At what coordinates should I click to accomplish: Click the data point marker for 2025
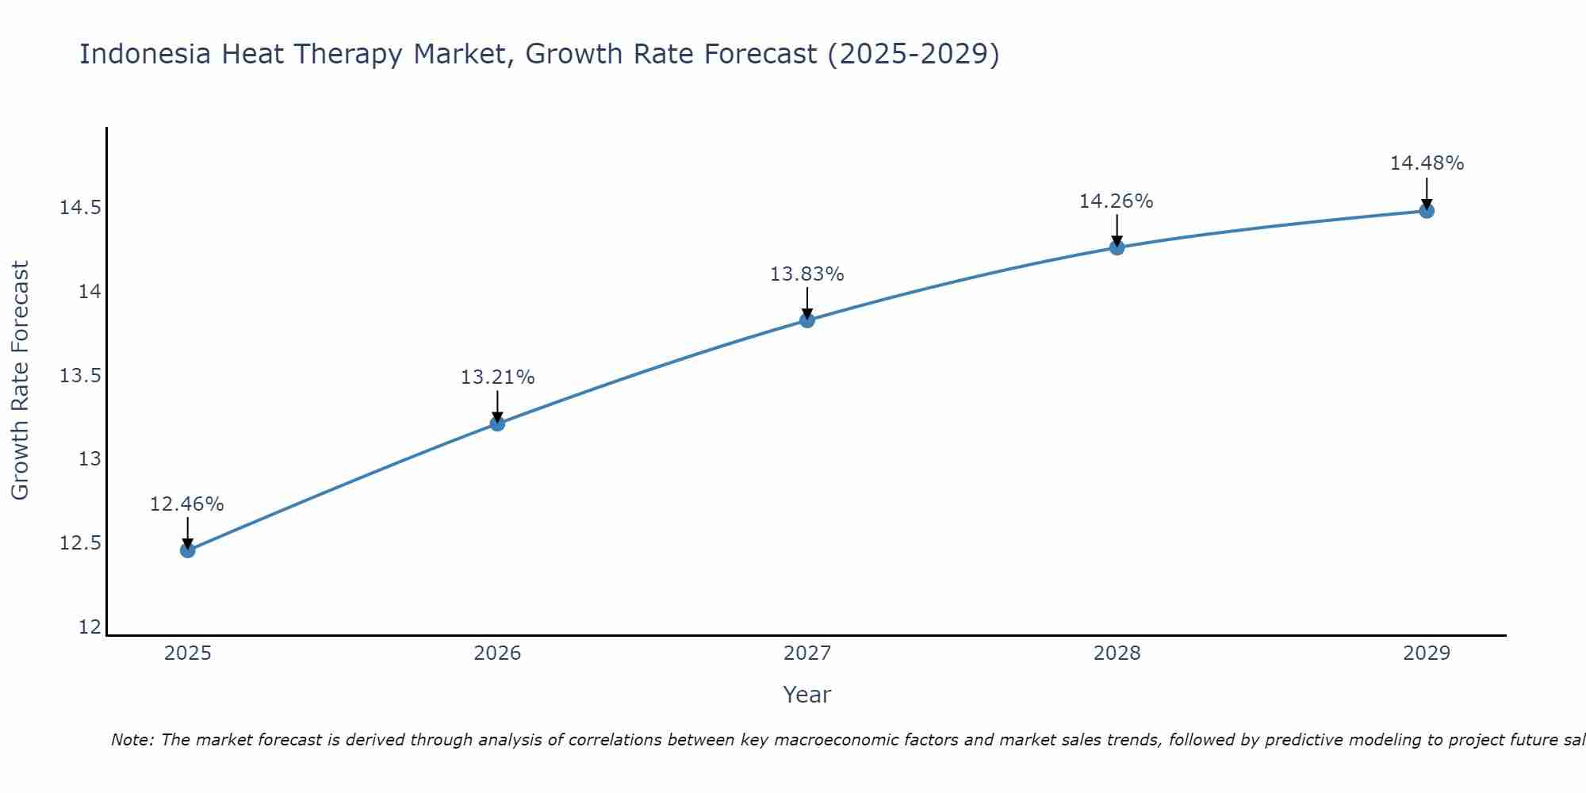click(187, 550)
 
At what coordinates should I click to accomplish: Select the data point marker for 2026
click(497, 423)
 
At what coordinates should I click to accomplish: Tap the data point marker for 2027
click(807, 320)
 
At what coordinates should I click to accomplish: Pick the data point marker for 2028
click(1117, 247)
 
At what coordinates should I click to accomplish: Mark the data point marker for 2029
click(1427, 211)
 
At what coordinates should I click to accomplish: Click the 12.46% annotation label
click(187, 504)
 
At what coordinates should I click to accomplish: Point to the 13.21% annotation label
click(497, 377)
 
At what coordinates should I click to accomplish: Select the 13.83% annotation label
click(807, 274)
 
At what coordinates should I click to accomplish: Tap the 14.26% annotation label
click(1117, 201)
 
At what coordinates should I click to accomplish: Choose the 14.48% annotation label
click(1427, 163)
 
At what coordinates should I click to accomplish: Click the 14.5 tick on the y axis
click(80, 209)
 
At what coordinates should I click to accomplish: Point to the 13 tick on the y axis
click(90, 459)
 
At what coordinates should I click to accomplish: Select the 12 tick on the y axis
click(90, 627)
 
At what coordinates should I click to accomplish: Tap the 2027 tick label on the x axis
click(807, 653)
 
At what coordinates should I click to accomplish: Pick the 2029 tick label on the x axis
click(1427, 653)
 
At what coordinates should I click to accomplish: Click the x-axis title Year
click(807, 695)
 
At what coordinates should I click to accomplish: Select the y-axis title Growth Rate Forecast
click(20, 381)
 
